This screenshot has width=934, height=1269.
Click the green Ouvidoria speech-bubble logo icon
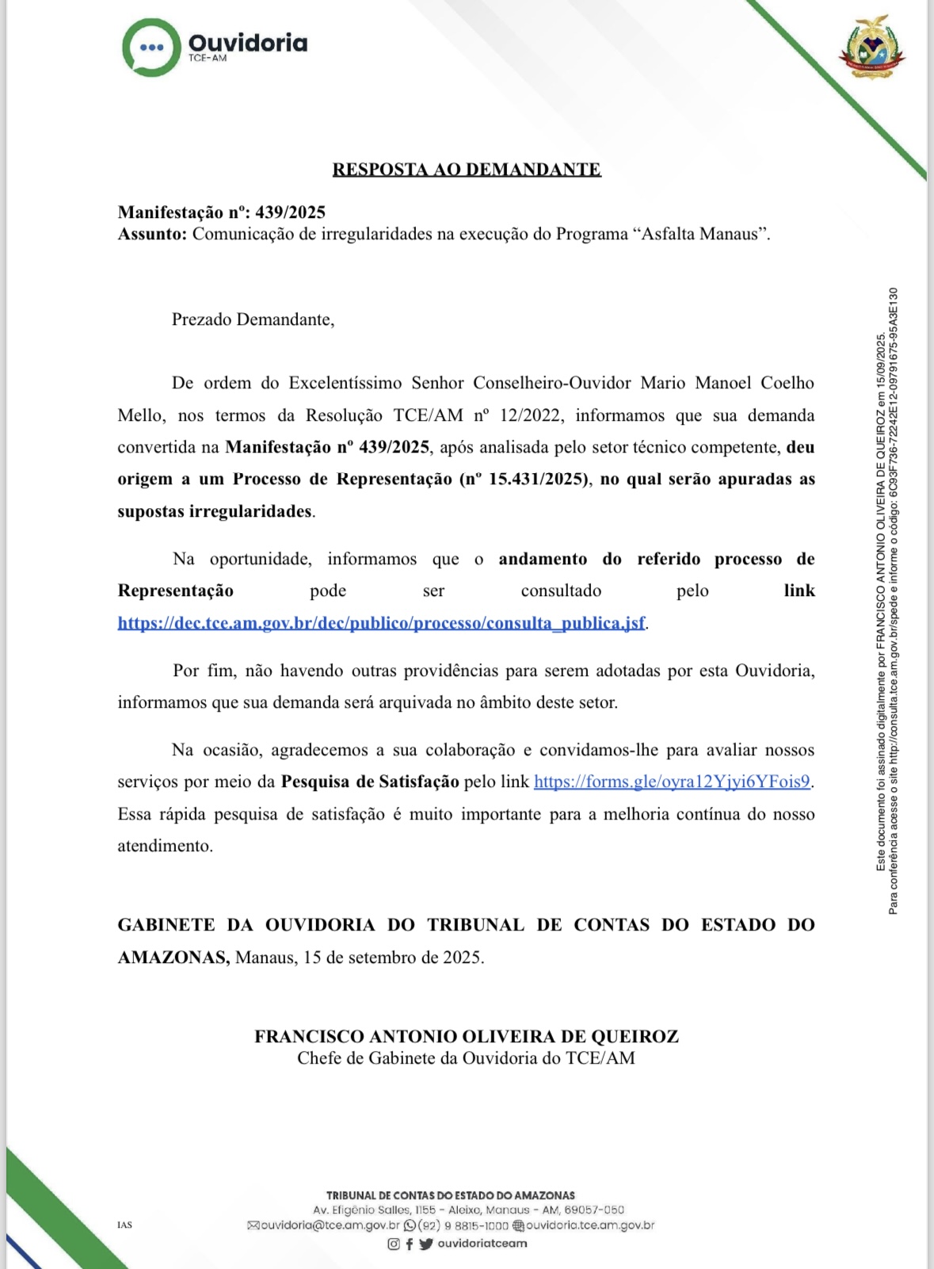(x=151, y=48)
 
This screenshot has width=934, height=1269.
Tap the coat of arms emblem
(x=872, y=48)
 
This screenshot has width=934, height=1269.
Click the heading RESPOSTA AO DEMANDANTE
(x=467, y=170)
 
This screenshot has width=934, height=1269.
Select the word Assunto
(x=151, y=235)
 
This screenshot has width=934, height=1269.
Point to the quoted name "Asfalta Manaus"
(x=700, y=235)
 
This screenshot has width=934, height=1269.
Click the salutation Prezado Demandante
(x=252, y=320)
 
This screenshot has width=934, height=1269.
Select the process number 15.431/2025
(x=537, y=480)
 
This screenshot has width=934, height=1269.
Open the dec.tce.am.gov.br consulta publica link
(x=381, y=623)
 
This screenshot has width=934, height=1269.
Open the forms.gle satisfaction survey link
(x=672, y=782)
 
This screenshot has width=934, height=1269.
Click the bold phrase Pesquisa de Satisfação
(x=370, y=782)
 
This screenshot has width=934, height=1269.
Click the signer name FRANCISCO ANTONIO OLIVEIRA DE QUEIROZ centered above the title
(x=467, y=1037)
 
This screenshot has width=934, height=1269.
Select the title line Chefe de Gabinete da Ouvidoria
(x=467, y=1059)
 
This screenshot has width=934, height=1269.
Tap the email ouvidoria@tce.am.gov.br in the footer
(x=330, y=1225)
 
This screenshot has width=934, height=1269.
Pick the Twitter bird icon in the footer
(x=426, y=1244)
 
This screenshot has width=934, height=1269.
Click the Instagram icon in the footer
(x=394, y=1244)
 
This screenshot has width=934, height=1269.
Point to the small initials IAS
(x=124, y=1225)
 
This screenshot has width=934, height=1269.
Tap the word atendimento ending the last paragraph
(x=166, y=847)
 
